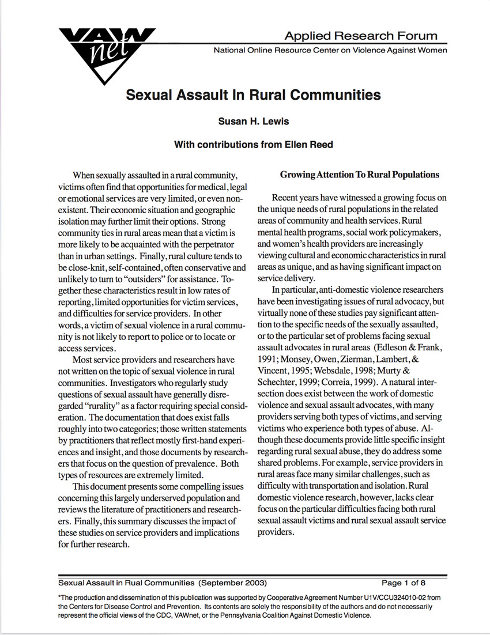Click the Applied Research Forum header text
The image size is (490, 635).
[361, 36]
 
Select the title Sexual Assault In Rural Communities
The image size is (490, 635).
[254, 95]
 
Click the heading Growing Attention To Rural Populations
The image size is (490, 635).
[359, 175]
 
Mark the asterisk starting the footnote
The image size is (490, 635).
[60, 596]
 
